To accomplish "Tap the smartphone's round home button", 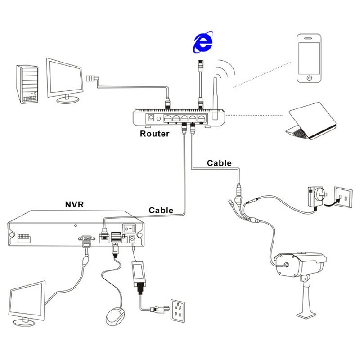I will (310, 78).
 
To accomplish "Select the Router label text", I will (154, 134).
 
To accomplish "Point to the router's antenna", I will (216, 97).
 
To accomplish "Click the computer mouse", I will (116, 315).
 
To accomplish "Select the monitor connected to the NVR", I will (28, 301).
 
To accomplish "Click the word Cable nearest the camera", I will (219, 163).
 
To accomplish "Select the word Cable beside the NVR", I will (161, 210).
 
